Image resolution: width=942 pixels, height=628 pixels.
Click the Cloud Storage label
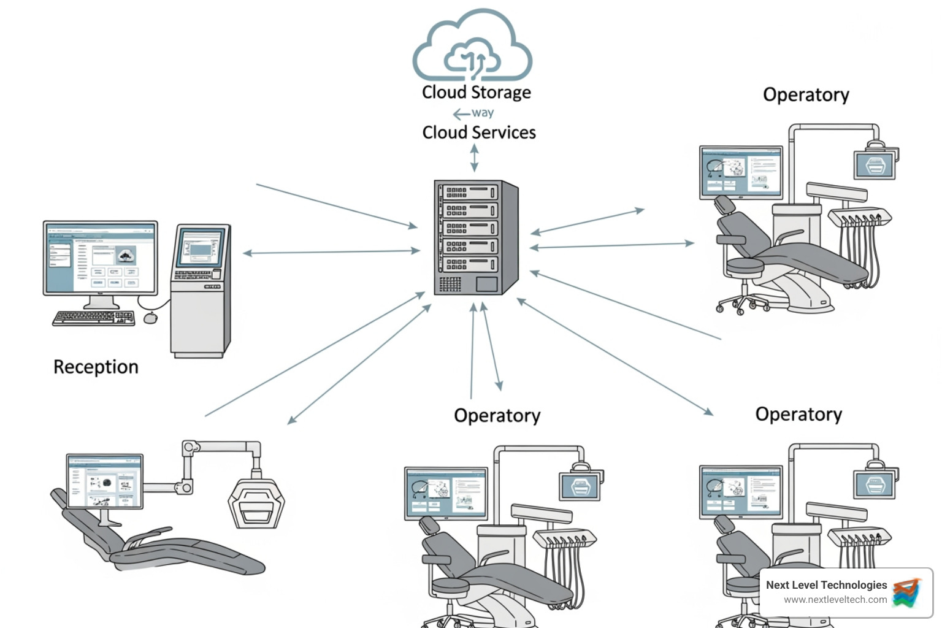coord(476,92)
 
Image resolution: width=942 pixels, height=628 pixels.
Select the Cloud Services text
coord(478,132)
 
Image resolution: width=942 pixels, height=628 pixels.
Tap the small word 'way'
coord(483,113)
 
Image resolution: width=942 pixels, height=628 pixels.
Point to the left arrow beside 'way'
coord(461,114)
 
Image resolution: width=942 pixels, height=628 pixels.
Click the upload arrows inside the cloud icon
coord(473,61)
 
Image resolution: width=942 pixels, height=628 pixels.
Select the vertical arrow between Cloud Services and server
coord(474,158)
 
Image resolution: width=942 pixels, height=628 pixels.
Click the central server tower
coord(475,237)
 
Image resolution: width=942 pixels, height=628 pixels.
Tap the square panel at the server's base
coord(486,284)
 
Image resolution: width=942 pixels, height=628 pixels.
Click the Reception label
coord(96,367)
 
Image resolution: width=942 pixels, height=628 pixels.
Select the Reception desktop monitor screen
coord(100,258)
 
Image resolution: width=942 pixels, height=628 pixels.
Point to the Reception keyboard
coord(93,318)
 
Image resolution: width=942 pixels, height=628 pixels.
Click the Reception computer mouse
coord(150,318)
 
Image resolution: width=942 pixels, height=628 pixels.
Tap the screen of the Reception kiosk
coord(199,248)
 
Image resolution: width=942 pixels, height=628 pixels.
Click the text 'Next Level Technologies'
coord(826,585)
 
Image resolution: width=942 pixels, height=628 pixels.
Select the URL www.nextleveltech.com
coord(835,600)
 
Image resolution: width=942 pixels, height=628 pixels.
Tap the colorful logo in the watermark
coord(906,592)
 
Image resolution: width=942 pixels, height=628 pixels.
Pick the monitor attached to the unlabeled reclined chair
coord(105,481)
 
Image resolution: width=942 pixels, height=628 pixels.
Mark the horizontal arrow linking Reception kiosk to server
coord(331,251)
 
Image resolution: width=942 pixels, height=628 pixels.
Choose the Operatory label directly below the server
coord(497,416)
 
